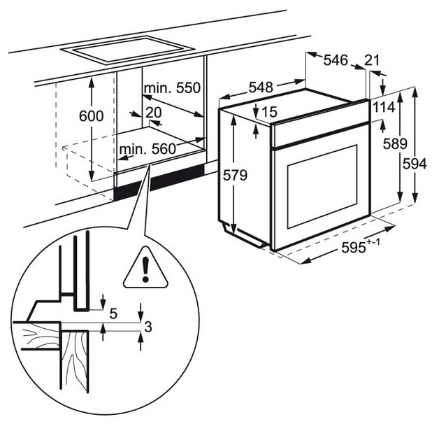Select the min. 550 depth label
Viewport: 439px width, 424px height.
pos(172,89)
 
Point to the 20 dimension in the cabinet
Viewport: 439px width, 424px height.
pos(154,112)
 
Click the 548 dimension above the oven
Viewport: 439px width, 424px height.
pos(260,88)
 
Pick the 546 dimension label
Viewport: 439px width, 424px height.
pos(336,60)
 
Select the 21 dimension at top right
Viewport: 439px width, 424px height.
pos(373,60)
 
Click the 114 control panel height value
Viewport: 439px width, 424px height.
pos(384,107)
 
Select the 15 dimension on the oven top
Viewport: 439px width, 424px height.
pos(271,111)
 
